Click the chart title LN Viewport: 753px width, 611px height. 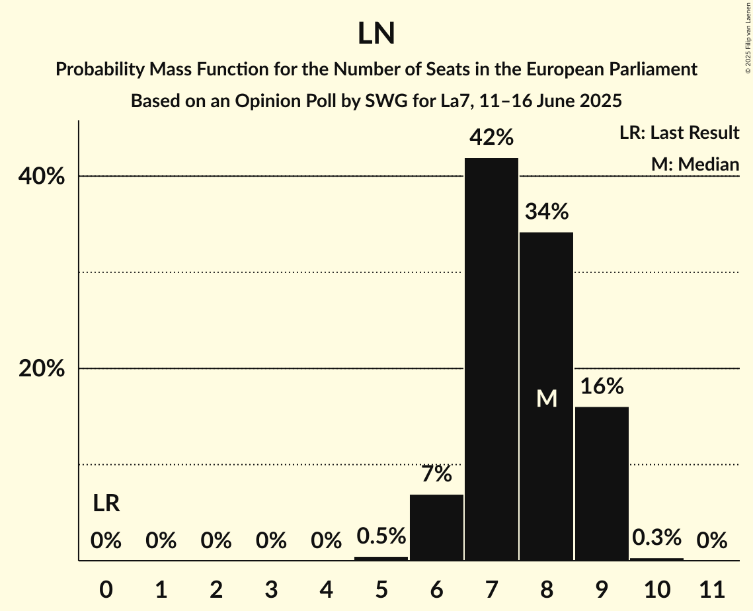tap(376, 34)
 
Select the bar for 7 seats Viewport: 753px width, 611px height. tap(491, 359)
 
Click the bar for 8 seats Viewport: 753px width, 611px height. tap(546, 397)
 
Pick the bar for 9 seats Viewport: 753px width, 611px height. tap(601, 483)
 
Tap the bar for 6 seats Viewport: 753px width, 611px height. tap(436, 527)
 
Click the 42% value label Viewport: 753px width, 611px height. tap(491, 138)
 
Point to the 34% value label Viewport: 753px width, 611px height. tap(546, 212)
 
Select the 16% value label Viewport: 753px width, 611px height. tap(601, 386)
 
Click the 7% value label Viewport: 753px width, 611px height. tap(436, 474)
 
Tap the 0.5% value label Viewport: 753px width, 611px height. tap(381, 536)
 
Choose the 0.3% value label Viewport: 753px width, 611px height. tap(656, 538)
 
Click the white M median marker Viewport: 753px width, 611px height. tap(547, 399)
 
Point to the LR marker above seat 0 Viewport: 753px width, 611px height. tap(106, 504)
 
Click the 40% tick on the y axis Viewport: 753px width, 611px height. tap(42, 177)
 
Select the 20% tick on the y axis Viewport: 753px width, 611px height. tap(42, 369)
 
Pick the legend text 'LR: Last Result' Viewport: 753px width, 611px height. tap(679, 133)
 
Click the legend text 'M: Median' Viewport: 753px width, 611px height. tap(694, 164)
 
